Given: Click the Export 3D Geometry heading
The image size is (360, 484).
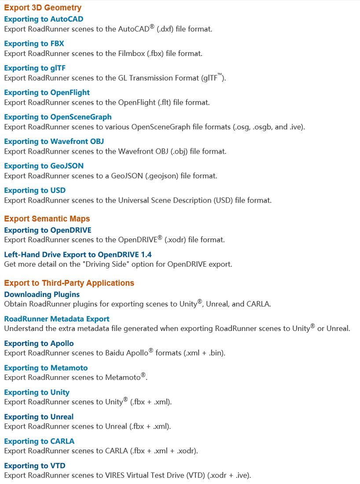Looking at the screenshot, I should pyautogui.click(x=43, y=8).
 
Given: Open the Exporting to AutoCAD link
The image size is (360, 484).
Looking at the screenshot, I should pyautogui.click(x=44, y=19).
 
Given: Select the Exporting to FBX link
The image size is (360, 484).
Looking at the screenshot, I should pyautogui.click(x=34, y=44).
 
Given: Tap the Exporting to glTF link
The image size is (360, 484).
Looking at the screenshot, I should pyautogui.click(x=35, y=68).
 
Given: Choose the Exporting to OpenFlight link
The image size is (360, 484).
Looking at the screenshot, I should pyautogui.click(x=47, y=92).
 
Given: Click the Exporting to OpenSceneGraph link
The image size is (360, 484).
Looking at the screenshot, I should pyautogui.click(x=58, y=117).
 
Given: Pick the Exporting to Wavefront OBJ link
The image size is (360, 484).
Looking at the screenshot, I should pyautogui.click(x=54, y=142).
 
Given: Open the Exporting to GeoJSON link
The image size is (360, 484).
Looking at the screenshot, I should pyautogui.click(x=44, y=166).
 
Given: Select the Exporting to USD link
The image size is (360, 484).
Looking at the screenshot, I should pyautogui.click(x=35, y=191).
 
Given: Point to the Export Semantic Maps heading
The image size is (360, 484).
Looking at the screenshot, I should pyautogui.click(x=47, y=219).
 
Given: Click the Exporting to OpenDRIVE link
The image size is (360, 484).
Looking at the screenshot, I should pyautogui.click(x=48, y=230).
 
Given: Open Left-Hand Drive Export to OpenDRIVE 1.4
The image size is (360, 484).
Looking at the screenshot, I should pyautogui.click(x=78, y=255).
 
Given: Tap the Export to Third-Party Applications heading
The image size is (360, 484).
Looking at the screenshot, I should pyautogui.click(x=69, y=283).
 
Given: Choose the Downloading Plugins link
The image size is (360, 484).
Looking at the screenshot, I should pyautogui.click(x=42, y=294).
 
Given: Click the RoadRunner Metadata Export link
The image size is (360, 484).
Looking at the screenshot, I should pyautogui.click(x=57, y=319).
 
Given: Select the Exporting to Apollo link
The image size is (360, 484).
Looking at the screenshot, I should pyautogui.click(x=39, y=344).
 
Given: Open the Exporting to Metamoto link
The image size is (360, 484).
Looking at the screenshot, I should pyautogui.click(x=46, y=368).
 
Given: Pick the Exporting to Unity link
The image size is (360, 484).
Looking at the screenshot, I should pyautogui.click(x=37, y=392).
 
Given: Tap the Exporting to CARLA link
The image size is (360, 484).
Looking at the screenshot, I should pyautogui.click(x=39, y=441).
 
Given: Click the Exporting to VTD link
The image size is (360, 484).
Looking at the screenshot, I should pyautogui.click(x=35, y=466).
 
